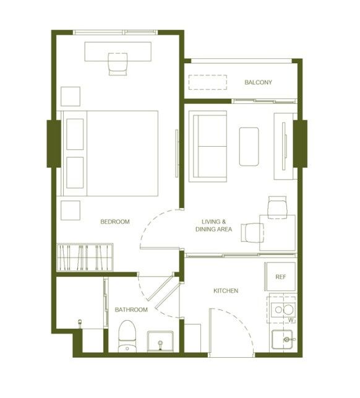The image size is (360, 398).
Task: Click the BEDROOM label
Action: pyautogui.click(x=115, y=222)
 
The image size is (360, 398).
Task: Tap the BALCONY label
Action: pyautogui.click(x=258, y=82)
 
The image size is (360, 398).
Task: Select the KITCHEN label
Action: pyautogui.click(x=226, y=291)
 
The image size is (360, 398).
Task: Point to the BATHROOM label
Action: pyautogui.click(x=131, y=309)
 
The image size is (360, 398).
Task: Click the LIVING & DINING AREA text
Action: pyautogui.click(x=213, y=225)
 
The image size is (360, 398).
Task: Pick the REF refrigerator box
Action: pyautogui.click(x=280, y=277)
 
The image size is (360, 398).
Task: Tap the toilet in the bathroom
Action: pyautogui.click(x=127, y=336)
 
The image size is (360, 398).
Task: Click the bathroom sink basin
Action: pyautogui.click(x=160, y=342)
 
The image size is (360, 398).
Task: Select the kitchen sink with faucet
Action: pyautogui.click(x=283, y=339)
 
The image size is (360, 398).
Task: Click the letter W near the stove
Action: pyautogui.click(x=291, y=321)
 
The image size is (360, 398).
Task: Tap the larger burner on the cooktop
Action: pyautogui.click(x=288, y=309)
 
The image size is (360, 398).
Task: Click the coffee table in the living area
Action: pyautogui.click(x=249, y=147)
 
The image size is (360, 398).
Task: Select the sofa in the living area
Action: pyautogui.click(x=208, y=147)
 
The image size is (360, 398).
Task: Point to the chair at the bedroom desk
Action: pyautogui.click(x=118, y=64)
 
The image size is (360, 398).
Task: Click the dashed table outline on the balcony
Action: pyautogui.click(x=208, y=82)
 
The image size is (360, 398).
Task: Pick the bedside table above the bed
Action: pyautogui.click(x=71, y=97)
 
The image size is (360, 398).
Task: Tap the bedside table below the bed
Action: pyautogui.click(x=71, y=210)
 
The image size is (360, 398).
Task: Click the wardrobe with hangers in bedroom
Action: pyautogui.click(x=85, y=257)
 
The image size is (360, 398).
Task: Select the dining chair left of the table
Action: pyautogui.click(x=252, y=233)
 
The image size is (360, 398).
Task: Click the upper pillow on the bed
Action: pyautogui.click(x=75, y=134)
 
